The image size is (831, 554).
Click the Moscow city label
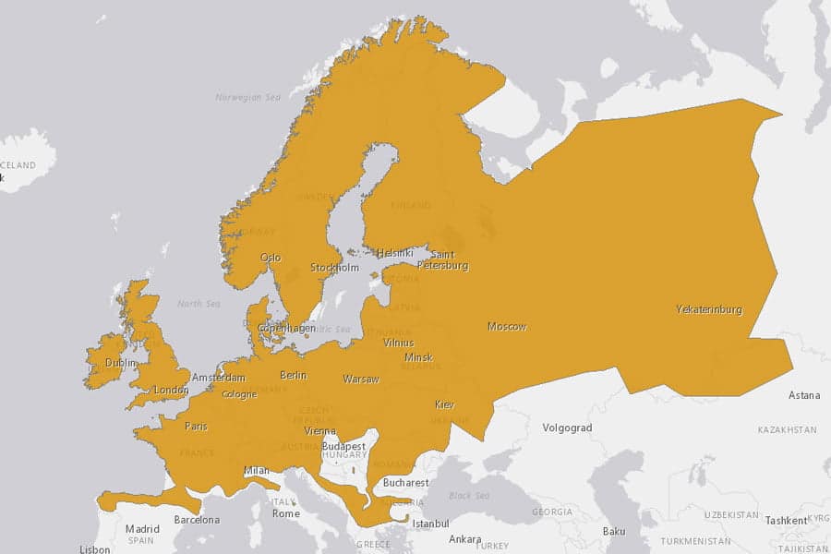pyautogui.click(x=507, y=327)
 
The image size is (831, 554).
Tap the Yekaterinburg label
pyautogui.click(x=708, y=309)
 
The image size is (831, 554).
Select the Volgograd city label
pyautogui.click(x=567, y=428)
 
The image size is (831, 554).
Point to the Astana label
pyautogui.click(x=803, y=396)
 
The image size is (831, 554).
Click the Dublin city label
pyautogui.click(x=121, y=364)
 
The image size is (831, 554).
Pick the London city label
pyautogui.click(x=171, y=390)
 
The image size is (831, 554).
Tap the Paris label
pyautogui.click(x=196, y=427)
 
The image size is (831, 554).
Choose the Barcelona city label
pyautogui.click(x=197, y=520)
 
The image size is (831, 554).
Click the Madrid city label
pyautogui.click(x=142, y=529)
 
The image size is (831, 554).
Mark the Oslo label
pyautogui.click(x=271, y=258)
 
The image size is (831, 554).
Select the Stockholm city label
pyautogui.click(x=334, y=268)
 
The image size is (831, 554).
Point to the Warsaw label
pyautogui.click(x=361, y=379)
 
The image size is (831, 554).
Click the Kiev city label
pyautogui.click(x=445, y=405)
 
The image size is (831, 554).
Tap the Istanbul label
pyautogui.click(x=430, y=524)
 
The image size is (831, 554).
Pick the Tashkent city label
pyautogui.click(x=786, y=521)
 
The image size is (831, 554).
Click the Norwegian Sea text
pyautogui.click(x=247, y=97)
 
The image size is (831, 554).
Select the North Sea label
pyautogui.click(x=199, y=304)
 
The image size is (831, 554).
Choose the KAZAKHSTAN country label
pyautogui.click(x=787, y=430)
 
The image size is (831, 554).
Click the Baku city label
pyautogui.click(x=614, y=532)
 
